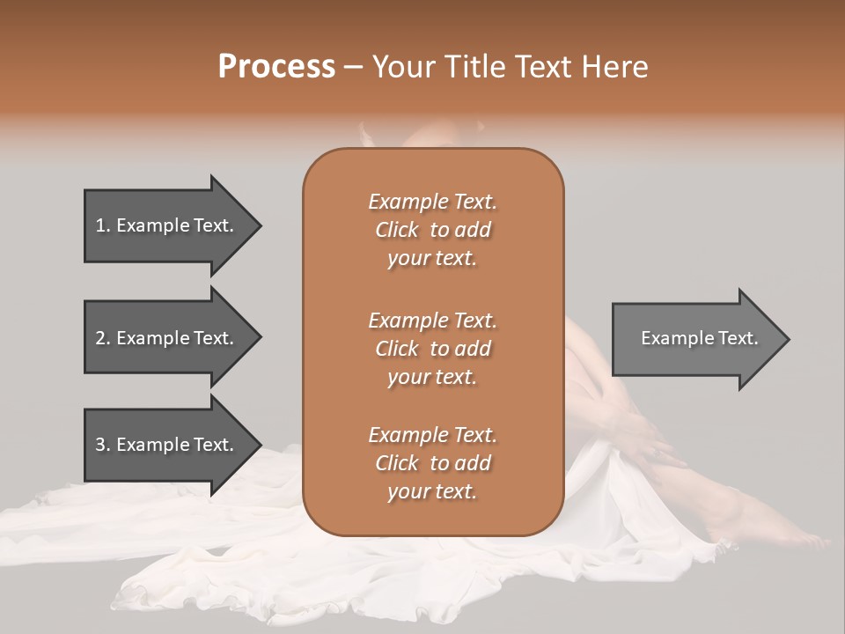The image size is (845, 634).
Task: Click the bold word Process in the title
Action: click(x=276, y=67)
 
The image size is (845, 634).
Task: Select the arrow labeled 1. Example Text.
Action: click(x=167, y=225)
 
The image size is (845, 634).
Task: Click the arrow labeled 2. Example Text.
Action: click(x=167, y=338)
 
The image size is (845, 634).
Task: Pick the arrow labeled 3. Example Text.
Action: click(x=167, y=445)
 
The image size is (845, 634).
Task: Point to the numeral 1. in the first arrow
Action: click(x=102, y=225)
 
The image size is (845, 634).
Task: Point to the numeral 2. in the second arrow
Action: click(x=102, y=338)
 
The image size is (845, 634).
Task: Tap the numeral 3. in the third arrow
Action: click(x=102, y=445)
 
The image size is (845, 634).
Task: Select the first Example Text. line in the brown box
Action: click(x=432, y=202)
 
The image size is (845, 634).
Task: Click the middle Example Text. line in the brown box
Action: click(x=432, y=320)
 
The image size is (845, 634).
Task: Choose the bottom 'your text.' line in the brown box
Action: click(x=432, y=491)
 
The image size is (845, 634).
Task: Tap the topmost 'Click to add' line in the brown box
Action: click(x=432, y=230)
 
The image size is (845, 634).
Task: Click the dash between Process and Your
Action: click(x=353, y=67)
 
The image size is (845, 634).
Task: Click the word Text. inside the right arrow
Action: click(x=734, y=338)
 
